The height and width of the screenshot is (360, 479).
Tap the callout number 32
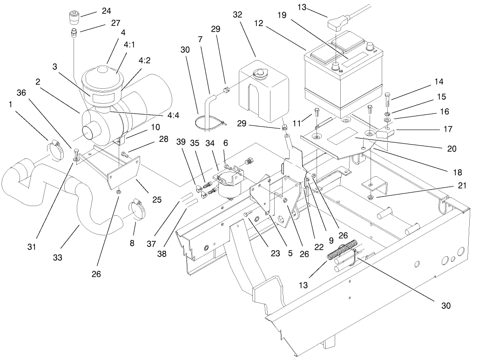click(237, 15)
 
